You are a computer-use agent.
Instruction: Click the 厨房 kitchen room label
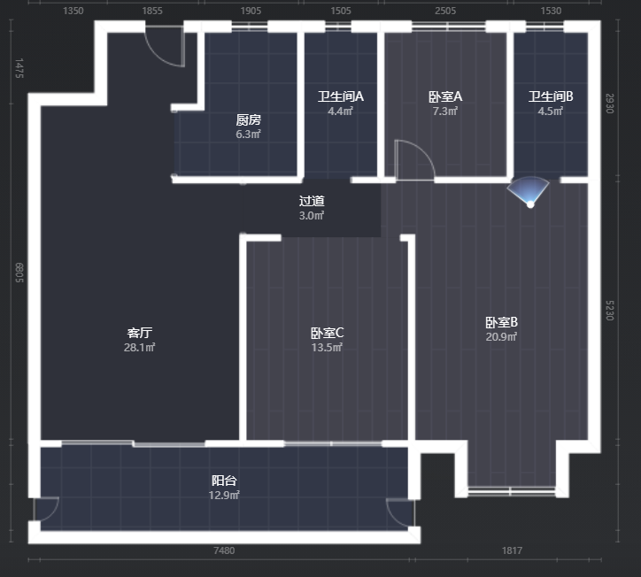(248, 119)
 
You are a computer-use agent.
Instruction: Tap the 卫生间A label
(341, 96)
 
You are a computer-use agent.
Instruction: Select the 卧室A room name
(445, 96)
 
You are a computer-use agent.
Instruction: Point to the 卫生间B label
(551, 96)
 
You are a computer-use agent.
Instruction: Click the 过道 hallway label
(312, 201)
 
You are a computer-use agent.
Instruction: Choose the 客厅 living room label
(139, 333)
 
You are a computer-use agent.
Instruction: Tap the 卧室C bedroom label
(327, 333)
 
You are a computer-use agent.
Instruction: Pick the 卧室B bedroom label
(502, 322)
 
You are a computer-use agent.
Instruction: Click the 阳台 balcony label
(224, 481)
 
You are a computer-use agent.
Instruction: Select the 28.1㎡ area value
(139, 347)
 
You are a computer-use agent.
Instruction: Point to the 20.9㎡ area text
(502, 336)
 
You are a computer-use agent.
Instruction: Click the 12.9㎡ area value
(224, 496)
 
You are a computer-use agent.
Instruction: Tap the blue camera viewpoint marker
(529, 192)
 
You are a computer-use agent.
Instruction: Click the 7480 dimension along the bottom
(224, 550)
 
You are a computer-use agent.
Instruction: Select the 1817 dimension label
(512, 550)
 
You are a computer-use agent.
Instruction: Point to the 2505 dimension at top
(445, 11)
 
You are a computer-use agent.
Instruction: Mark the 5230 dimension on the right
(609, 311)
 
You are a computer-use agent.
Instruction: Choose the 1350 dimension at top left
(73, 11)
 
